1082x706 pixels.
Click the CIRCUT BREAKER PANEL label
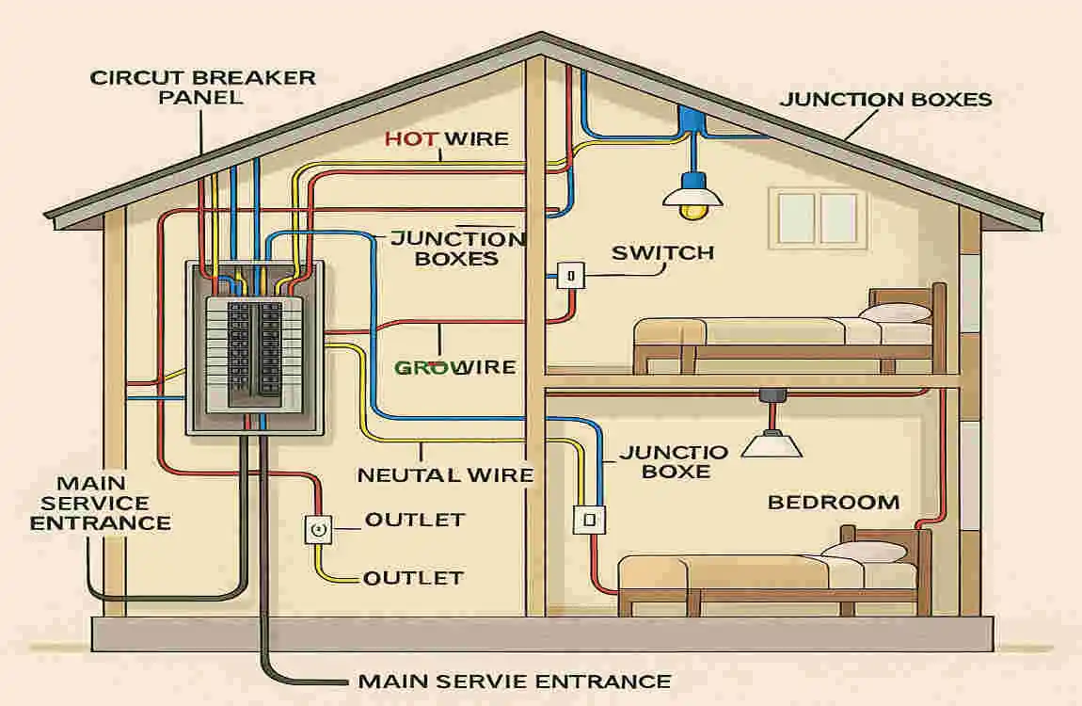point(202,87)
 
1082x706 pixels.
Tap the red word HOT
point(410,139)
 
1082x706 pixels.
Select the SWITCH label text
point(662,253)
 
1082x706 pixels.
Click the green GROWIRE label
point(454,367)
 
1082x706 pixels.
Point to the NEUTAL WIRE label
point(445,475)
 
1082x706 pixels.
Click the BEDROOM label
point(833,502)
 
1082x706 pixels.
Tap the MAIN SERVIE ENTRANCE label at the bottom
point(515,682)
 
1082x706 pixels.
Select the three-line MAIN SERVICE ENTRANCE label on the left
point(100,503)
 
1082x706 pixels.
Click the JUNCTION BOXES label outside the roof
point(885,100)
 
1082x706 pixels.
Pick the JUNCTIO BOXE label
point(674,461)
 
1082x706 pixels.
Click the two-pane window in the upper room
point(814,219)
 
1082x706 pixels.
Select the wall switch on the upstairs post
point(571,275)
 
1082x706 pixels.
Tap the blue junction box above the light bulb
point(693,119)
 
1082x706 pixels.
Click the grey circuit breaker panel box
point(255,347)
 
